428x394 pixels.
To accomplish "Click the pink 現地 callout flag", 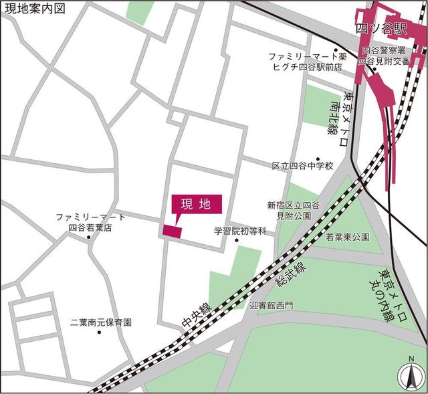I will point(197,205).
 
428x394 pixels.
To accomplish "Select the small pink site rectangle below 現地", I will point(172,231).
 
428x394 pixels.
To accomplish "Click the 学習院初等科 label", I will point(240,231).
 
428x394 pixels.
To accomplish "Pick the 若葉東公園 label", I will point(348,237).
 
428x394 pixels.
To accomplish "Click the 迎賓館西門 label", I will point(271,305).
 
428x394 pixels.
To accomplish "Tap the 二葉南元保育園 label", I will point(101,322).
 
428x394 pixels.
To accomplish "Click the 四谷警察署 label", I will point(384,50).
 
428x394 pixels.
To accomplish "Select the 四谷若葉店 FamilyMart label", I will point(90,227).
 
